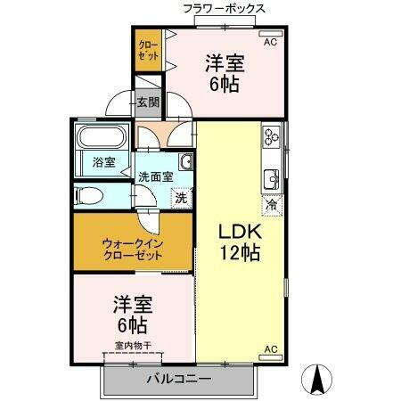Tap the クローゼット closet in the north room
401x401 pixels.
[x=148, y=49]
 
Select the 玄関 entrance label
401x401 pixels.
[x=148, y=102]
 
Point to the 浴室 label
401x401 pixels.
[x=103, y=162]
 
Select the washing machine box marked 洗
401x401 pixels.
[x=181, y=197]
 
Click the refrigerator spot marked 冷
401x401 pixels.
[x=271, y=204]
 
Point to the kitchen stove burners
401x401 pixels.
[x=271, y=137]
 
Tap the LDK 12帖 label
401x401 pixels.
[x=240, y=241]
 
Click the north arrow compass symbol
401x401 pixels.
[x=316, y=380]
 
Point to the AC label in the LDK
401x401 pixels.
[x=270, y=348]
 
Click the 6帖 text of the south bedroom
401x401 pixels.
[x=132, y=323]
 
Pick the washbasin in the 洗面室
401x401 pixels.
[x=186, y=161]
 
